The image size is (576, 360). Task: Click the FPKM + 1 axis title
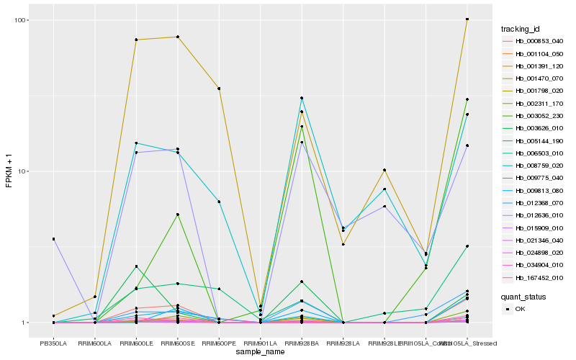pyautogui.click(x=10, y=172)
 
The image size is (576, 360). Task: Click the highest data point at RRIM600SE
pyautogui.click(x=177, y=37)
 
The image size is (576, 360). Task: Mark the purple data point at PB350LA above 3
pyautogui.click(x=53, y=239)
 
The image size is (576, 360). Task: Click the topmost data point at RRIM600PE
pyautogui.click(x=219, y=88)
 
